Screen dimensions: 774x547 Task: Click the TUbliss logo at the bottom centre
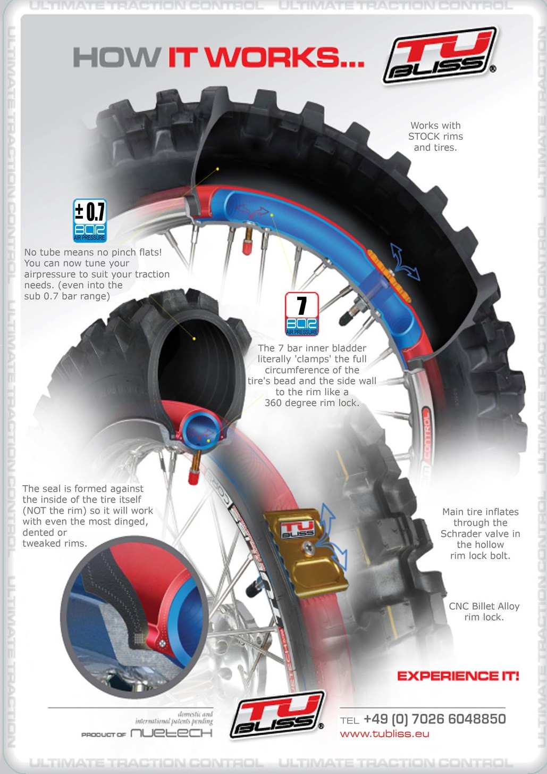click(x=277, y=714)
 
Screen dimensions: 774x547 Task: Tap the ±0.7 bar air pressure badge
click(x=89, y=220)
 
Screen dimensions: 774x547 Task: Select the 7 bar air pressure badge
click(x=301, y=314)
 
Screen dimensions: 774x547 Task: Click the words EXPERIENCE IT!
click(x=458, y=676)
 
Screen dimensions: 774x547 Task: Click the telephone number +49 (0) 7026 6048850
click(x=434, y=719)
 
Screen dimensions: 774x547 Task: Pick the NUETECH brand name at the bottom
click(x=171, y=733)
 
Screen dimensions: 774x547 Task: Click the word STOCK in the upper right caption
click(x=427, y=136)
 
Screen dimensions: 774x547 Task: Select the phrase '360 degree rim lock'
click(x=312, y=403)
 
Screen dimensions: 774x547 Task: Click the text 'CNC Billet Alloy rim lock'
click(x=484, y=611)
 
